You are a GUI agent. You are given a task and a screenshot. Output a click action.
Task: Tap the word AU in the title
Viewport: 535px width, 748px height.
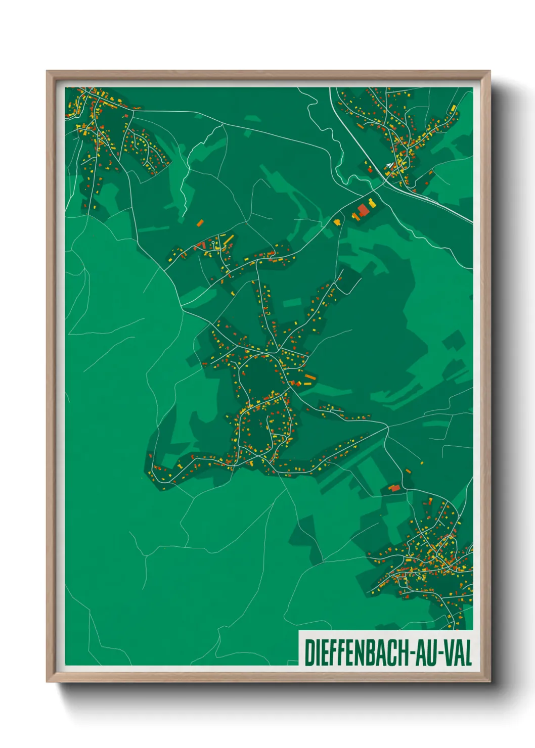[427, 653]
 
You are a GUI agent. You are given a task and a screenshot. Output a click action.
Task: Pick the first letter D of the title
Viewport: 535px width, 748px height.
[308, 653]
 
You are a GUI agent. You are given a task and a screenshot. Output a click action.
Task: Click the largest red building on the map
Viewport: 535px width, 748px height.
[363, 210]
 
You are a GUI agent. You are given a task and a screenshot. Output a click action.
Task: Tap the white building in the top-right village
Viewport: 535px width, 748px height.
[388, 165]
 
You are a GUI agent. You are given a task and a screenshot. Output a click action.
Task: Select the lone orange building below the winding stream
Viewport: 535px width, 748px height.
[200, 222]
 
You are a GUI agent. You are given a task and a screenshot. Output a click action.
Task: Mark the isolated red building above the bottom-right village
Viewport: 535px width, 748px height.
[395, 488]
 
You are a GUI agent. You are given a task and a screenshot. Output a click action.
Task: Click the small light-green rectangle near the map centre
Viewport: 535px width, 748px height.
[292, 303]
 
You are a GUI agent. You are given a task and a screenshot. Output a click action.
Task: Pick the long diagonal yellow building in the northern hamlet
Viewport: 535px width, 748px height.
[229, 239]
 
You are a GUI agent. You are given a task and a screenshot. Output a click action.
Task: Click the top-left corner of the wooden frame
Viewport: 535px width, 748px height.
[48, 72]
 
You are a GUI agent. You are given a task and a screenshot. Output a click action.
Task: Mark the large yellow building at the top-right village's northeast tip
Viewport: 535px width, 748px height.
[454, 108]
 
